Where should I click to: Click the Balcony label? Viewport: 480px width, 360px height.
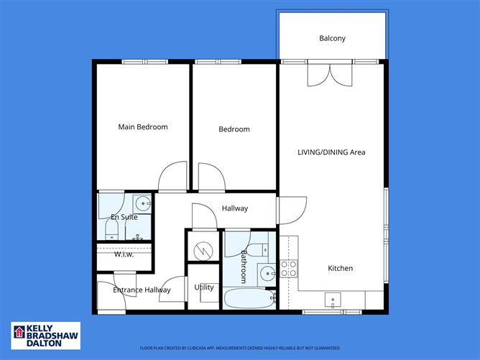332,38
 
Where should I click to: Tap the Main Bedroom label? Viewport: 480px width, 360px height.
142,127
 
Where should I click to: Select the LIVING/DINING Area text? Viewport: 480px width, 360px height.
332,152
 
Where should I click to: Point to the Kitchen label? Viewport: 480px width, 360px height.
340,268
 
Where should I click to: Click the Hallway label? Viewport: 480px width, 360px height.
234,208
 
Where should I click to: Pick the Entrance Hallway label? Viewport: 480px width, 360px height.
142,290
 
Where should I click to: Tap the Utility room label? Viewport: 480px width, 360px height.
204,287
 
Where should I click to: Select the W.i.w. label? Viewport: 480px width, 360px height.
124,254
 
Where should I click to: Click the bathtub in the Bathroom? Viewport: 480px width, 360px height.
249,298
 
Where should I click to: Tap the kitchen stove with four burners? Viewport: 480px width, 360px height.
288,269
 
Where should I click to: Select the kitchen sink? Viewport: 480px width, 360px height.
333,299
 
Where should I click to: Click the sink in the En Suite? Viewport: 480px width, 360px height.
142,203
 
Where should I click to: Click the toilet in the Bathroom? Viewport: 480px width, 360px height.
262,249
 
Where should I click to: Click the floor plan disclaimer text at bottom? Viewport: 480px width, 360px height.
240,348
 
